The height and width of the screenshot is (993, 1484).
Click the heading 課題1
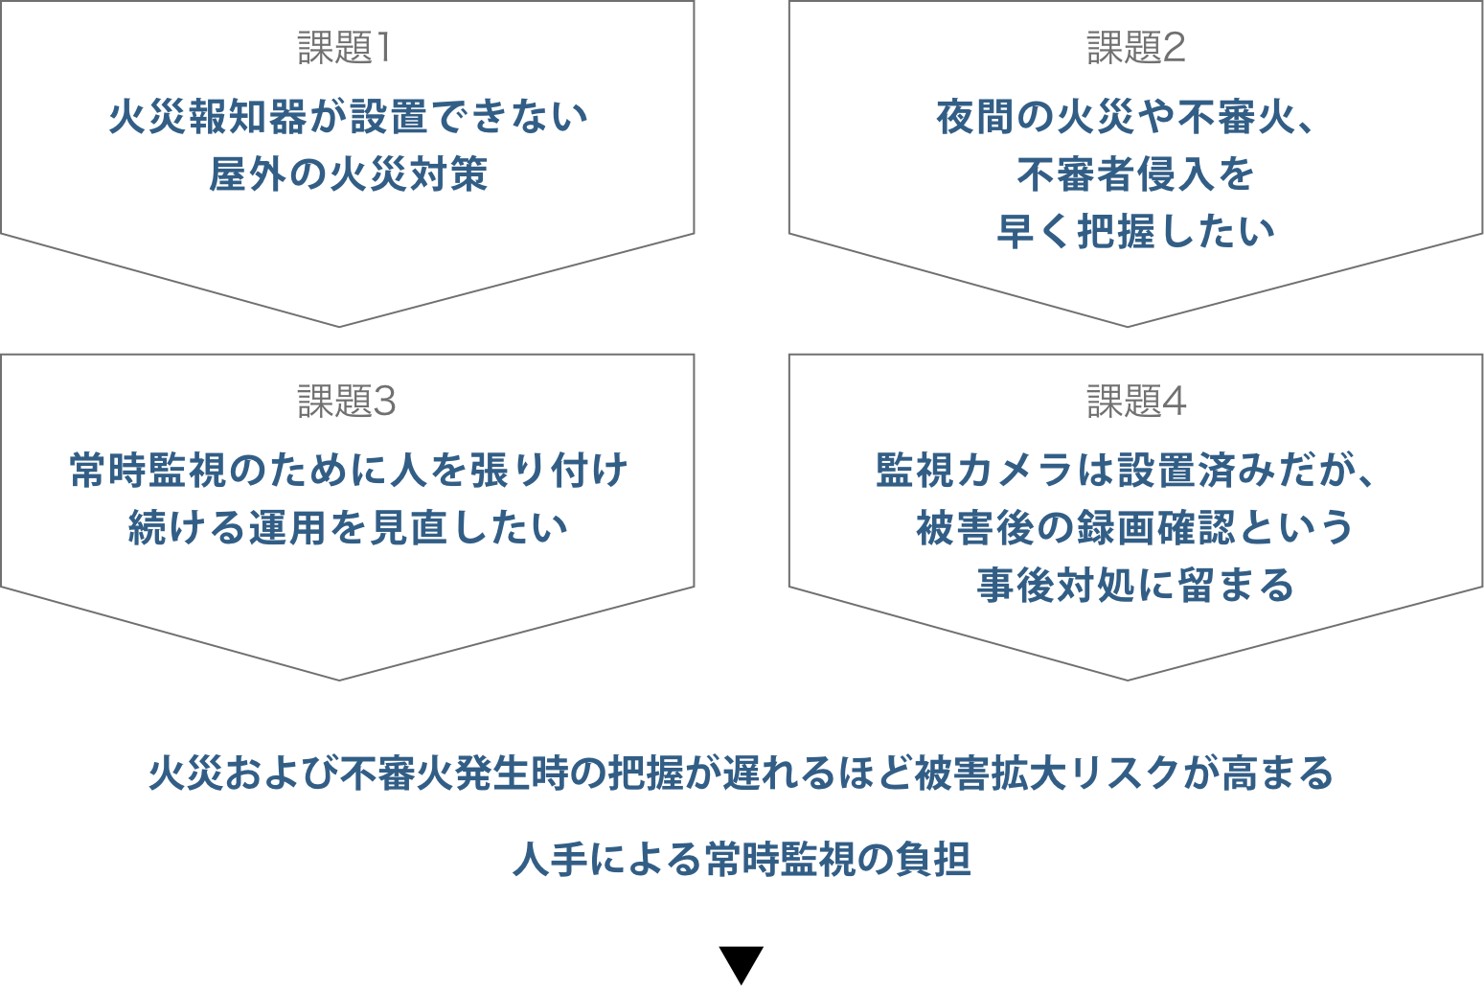[x=344, y=48]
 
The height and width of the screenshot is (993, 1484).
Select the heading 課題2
[x=1135, y=48]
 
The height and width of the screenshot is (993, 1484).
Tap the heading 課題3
[x=346, y=402]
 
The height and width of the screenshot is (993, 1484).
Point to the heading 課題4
[x=1136, y=402]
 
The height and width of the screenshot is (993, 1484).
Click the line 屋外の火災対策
[x=348, y=174]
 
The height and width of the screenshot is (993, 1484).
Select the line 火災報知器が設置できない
[x=348, y=117]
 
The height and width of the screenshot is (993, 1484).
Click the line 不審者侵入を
[x=1135, y=174]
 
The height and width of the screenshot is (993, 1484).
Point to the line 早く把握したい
[x=1135, y=232]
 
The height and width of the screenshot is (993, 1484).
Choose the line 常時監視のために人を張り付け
[x=348, y=471]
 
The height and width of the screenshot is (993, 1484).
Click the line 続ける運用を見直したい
[x=348, y=528]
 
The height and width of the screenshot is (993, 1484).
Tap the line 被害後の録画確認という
[x=1135, y=528]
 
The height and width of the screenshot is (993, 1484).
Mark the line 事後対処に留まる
[x=1135, y=585]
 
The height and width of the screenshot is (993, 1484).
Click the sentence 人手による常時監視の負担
[x=742, y=859]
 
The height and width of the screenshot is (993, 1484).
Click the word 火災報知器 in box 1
[x=207, y=117]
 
